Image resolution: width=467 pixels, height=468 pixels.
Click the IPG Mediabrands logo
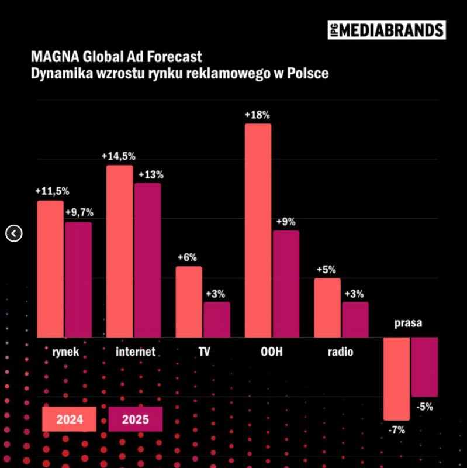(386, 30)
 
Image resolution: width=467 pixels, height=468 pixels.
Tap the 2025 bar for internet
(147, 260)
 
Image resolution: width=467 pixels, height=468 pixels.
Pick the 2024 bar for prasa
(397, 378)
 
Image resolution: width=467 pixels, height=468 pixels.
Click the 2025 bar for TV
(217, 319)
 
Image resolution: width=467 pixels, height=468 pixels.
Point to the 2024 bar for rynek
(50, 269)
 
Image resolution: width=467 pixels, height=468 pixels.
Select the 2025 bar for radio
(355, 319)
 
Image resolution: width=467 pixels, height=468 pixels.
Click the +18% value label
(257, 115)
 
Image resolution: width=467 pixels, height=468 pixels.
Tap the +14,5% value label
(119, 157)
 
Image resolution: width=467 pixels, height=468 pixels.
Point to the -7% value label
(396, 430)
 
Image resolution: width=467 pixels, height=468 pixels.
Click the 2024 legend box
(70, 419)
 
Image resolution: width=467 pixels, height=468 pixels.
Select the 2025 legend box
(136, 419)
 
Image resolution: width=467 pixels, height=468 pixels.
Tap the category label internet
(136, 352)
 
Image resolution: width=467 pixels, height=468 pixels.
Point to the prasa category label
(409, 323)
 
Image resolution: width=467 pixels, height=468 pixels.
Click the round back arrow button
(14, 233)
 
